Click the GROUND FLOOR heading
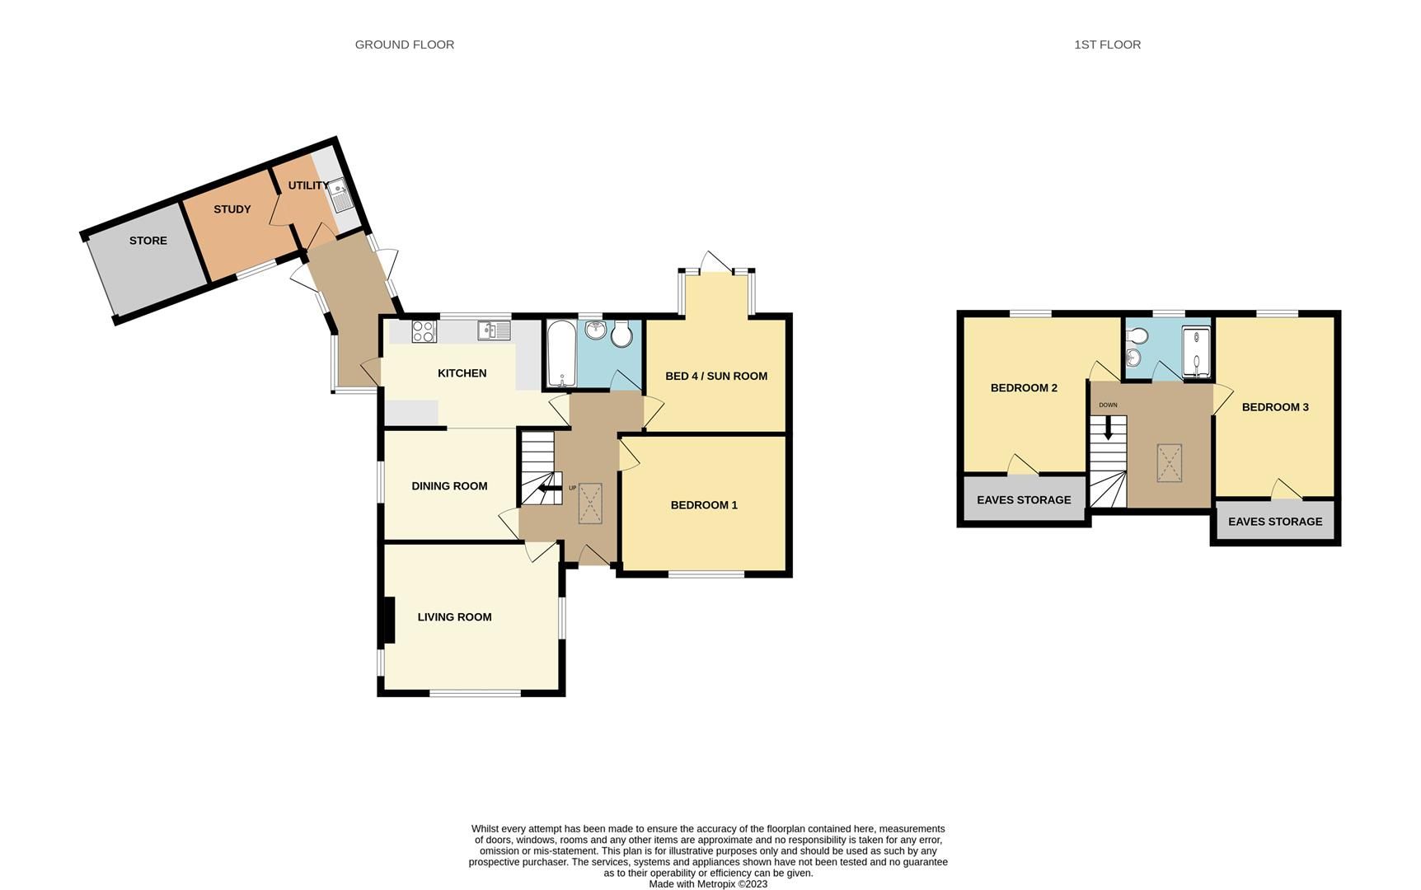point(404,44)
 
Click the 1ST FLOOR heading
point(1107,44)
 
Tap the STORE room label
point(148,241)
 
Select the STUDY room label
point(232,209)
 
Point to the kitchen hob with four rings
point(424,331)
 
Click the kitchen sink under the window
point(493,330)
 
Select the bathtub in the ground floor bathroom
point(560,354)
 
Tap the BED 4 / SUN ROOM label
point(715,376)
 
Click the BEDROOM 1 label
point(703,505)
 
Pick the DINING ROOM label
point(449,486)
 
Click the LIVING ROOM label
point(454,617)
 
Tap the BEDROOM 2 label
point(1024,388)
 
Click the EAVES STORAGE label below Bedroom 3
point(1275,522)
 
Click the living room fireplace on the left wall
point(387,620)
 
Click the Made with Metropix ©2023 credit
point(708,884)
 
